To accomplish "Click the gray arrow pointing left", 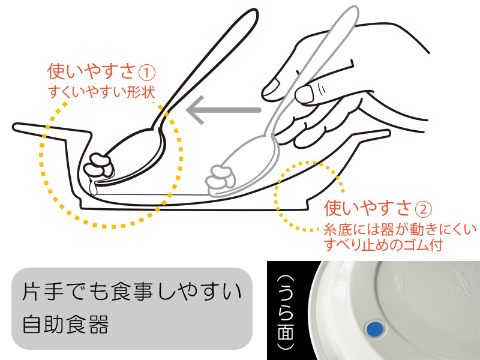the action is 223,110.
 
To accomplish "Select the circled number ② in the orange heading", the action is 424,209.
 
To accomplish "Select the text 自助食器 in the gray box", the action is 66,324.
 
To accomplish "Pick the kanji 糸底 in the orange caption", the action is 338,229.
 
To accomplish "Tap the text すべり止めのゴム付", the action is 383,245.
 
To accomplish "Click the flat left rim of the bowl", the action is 52,130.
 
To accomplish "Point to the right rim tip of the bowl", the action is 388,133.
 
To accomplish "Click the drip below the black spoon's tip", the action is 94,187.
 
